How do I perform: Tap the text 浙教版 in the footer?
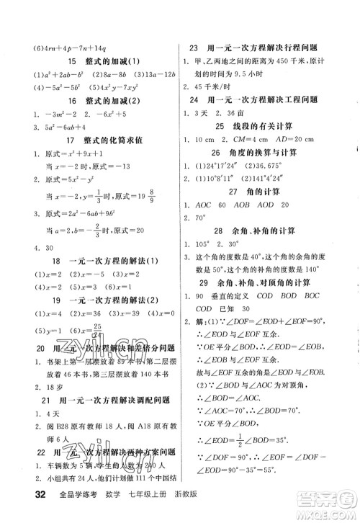[x=165, y=513]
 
